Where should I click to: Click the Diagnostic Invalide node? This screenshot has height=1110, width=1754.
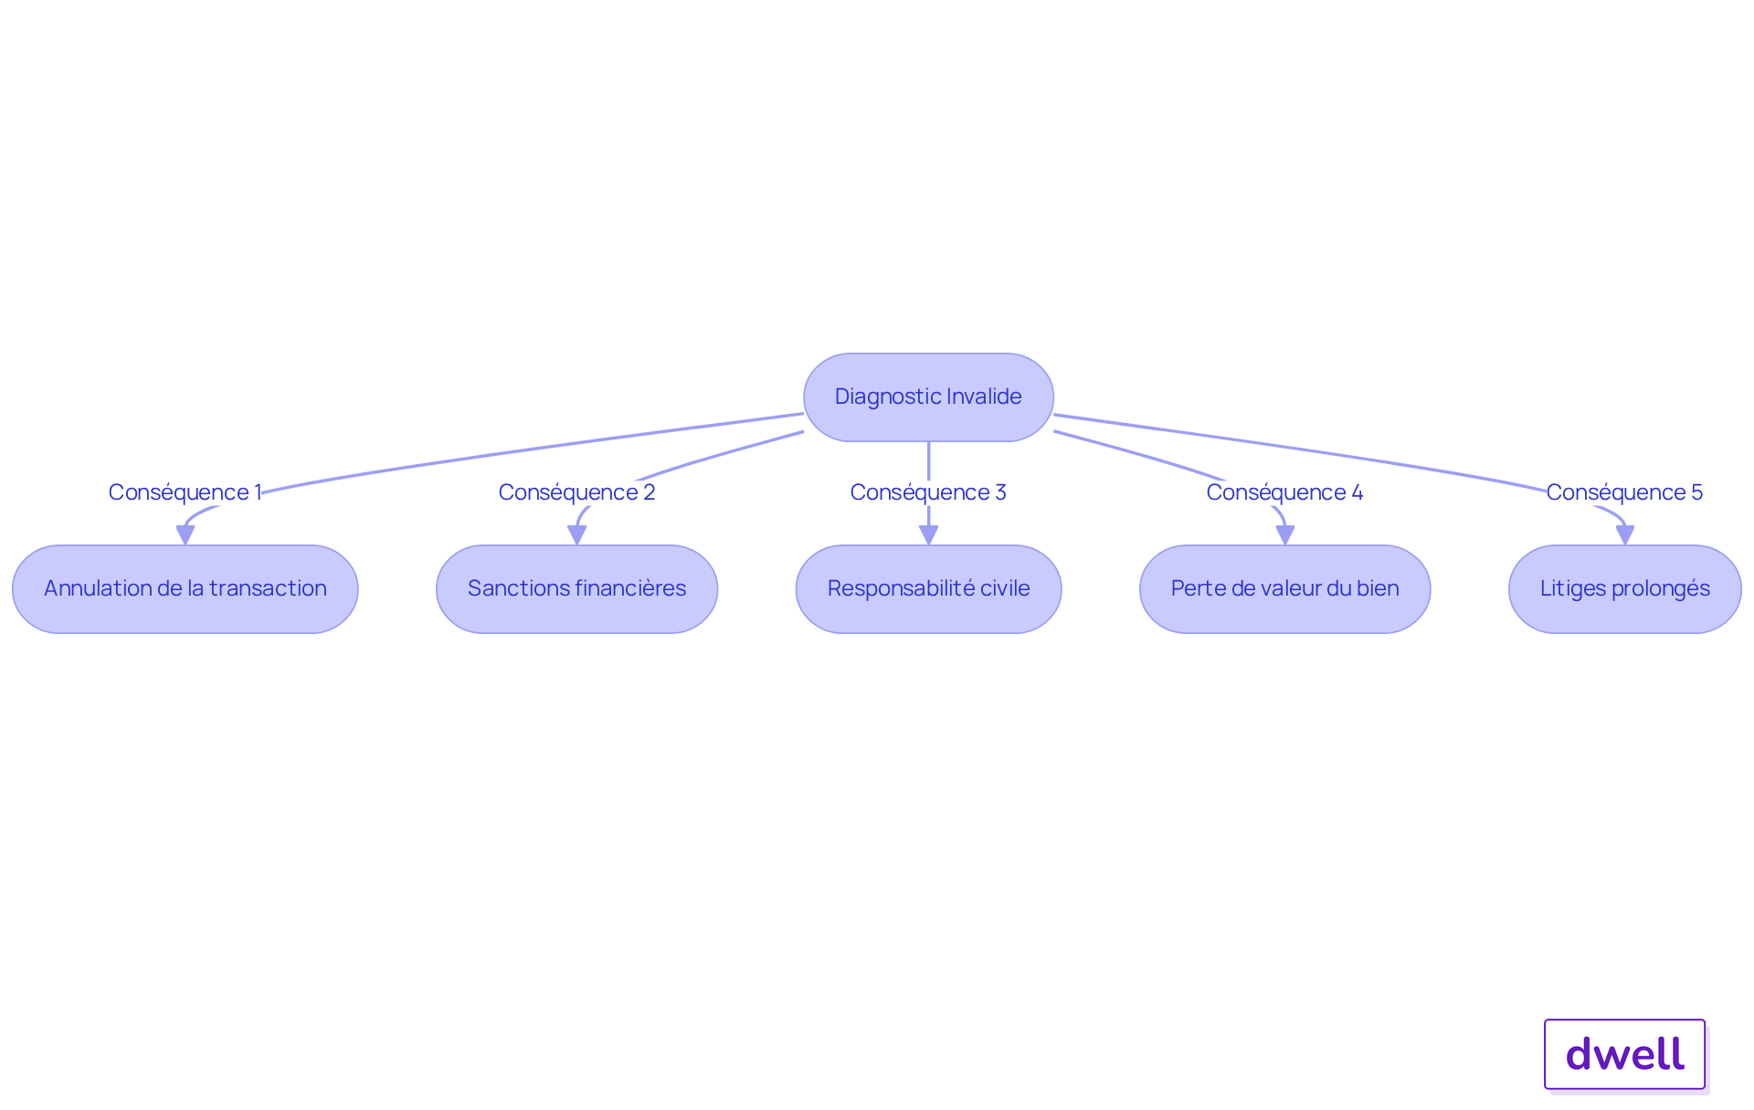[x=928, y=397]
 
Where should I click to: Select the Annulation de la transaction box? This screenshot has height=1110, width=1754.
[x=185, y=589]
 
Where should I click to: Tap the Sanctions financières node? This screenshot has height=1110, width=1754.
[x=577, y=589]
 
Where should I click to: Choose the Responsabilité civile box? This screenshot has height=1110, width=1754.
[x=929, y=589]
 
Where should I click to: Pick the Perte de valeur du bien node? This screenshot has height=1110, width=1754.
[x=1285, y=589]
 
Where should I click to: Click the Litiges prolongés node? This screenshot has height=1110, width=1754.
[x=1625, y=589]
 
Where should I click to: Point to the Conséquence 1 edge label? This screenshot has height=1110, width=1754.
[x=185, y=492]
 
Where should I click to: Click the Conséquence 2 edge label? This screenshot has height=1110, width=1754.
[x=577, y=492]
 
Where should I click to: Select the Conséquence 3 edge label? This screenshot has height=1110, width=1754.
[x=928, y=492]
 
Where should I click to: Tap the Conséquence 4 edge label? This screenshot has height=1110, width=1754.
[x=1285, y=492]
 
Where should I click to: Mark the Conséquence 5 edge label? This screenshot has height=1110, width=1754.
[x=1625, y=492]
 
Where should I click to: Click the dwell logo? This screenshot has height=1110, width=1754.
[x=1625, y=1054]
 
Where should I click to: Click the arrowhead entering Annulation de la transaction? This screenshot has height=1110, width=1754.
[x=185, y=535]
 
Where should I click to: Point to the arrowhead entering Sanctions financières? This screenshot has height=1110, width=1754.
[x=577, y=535]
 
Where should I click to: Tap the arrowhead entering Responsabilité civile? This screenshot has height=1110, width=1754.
[x=929, y=535]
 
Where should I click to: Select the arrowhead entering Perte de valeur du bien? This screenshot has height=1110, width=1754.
[x=1285, y=535]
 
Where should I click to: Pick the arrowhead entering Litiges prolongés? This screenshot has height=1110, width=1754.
[x=1625, y=535]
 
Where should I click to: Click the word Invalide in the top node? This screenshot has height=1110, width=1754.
[x=984, y=396]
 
